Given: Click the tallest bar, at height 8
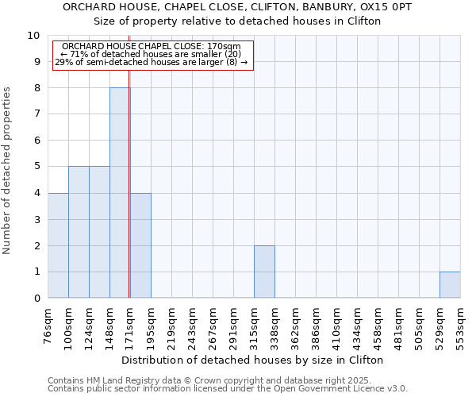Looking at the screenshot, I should tap(120, 193).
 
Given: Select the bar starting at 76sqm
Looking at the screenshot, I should tap(58, 245).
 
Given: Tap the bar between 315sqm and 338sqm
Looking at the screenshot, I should tap(264, 272).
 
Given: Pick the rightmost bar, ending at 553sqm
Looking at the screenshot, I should tap(450, 285).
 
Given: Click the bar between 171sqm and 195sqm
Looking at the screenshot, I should tap(140, 245).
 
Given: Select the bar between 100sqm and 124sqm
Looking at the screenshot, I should tap(79, 232).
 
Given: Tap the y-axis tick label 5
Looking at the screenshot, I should tap(36, 167).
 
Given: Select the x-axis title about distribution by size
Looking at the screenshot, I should tap(254, 360).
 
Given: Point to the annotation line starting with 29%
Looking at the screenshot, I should tap(152, 62).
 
